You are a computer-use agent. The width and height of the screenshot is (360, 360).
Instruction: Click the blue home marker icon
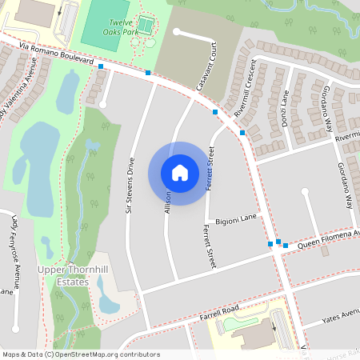point(180,173)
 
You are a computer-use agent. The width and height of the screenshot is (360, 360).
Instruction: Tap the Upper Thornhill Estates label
point(73,276)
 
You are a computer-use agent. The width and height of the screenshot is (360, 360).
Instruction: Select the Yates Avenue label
point(341,314)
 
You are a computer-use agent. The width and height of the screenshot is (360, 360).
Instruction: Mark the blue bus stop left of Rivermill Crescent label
point(215,113)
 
